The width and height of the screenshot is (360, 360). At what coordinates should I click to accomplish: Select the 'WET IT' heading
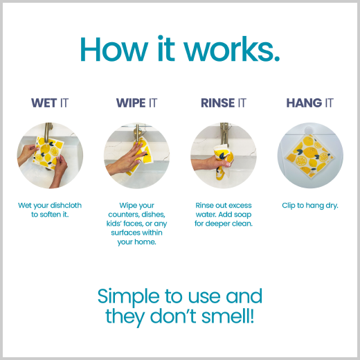click(50, 103)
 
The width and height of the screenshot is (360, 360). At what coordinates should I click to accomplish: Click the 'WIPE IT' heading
click(136, 103)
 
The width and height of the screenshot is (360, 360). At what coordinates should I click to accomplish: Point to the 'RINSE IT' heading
click(224, 103)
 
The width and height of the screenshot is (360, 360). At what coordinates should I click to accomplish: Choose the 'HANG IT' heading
click(310, 103)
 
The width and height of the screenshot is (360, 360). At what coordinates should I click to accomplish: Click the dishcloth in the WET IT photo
click(48, 152)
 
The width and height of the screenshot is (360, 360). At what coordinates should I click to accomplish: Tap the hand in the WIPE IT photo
click(126, 160)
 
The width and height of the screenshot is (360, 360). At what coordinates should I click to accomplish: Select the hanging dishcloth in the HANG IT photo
click(310, 157)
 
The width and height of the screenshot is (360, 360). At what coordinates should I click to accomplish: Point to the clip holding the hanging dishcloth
click(309, 130)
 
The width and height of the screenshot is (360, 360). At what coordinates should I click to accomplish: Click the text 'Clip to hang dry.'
click(310, 206)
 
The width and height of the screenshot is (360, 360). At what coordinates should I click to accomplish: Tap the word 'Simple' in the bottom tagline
click(129, 297)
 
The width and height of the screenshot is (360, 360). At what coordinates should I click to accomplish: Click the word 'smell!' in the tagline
click(228, 316)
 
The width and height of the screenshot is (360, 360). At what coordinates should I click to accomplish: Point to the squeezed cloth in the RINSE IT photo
click(222, 161)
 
